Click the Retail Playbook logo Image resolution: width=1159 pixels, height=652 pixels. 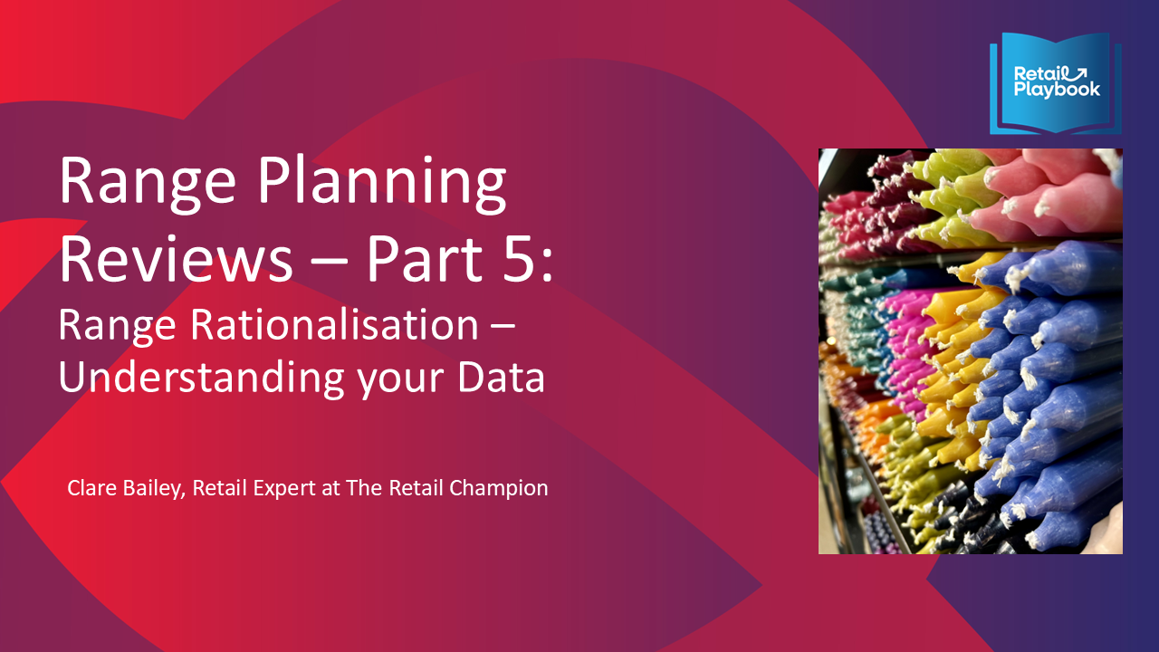[x=1056, y=83]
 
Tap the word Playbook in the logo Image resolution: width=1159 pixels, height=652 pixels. [x=1057, y=90]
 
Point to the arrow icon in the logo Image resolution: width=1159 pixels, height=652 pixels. [x=1082, y=73]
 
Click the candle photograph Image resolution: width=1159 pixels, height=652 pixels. [x=970, y=350]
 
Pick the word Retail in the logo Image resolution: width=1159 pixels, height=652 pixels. [x=1039, y=74]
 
